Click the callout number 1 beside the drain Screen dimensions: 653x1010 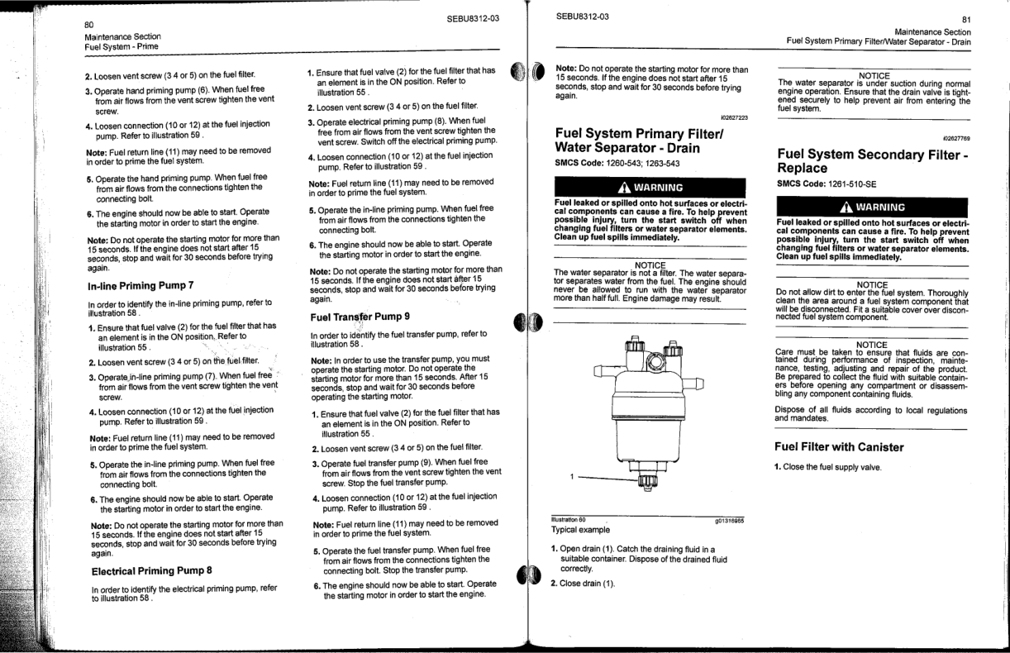(x=569, y=477)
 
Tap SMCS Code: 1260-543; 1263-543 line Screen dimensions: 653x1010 (x=616, y=162)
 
